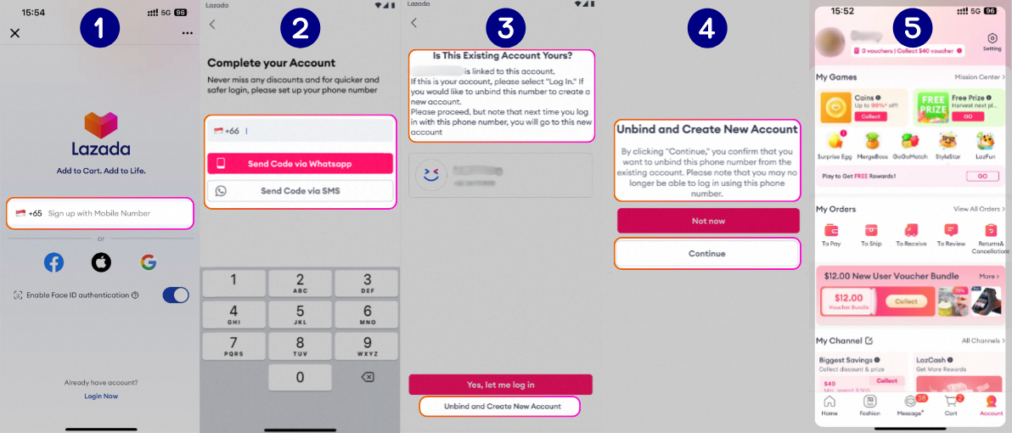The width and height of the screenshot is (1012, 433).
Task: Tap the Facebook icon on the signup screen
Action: pyautogui.click(x=53, y=262)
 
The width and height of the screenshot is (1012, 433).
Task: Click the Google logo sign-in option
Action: pyautogui.click(x=149, y=262)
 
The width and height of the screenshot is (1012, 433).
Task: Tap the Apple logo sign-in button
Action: pyautogui.click(x=101, y=262)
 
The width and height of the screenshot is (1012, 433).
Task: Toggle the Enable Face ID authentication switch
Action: pyautogui.click(x=175, y=295)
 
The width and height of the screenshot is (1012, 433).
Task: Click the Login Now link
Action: pyautogui.click(x=101, y=396)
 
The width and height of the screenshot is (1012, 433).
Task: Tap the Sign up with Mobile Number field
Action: pyautogui.click(x=100, y=213)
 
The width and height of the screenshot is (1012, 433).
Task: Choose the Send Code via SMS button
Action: pyautogui.click(x=300, y=191)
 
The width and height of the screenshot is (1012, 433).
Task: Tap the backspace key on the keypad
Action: pyautogui.click(x=367, y=377)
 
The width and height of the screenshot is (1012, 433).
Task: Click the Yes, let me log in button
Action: pyautogui.click(x=500, y=385)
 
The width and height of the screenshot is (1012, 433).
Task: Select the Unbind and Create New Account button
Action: pyautogui.click(x=500, y=407)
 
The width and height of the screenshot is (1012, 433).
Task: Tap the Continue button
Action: pyautogui.click(x=707, y=254)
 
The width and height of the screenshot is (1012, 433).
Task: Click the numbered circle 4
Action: pyautogui.click(x=707, y=30)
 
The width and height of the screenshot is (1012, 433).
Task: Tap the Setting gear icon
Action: pyautogui.click(x=992, y=39)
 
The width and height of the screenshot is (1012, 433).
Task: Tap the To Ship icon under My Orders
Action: pyautogui.click(x=870, y=231)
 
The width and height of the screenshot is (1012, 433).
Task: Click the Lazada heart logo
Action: pyautogui.click(x=101, y=126)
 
